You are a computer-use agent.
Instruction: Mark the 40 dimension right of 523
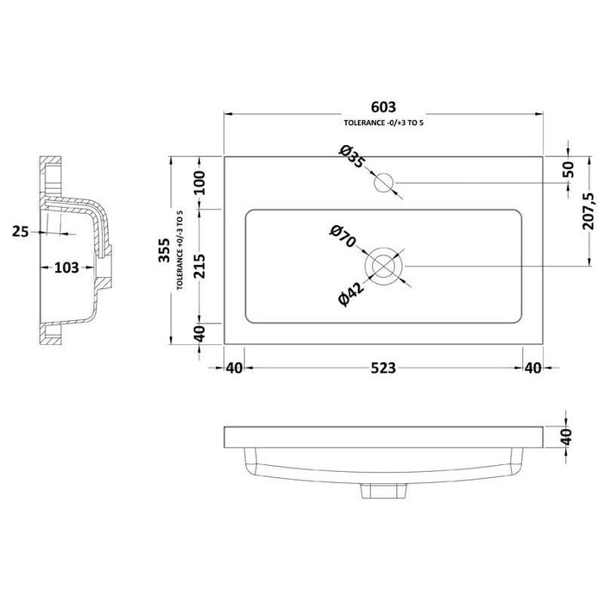click(x=532, y=368)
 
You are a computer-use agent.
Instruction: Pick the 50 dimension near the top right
click(x=568, y=169)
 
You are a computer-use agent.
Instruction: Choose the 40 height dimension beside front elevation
click(x=568, y=438)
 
